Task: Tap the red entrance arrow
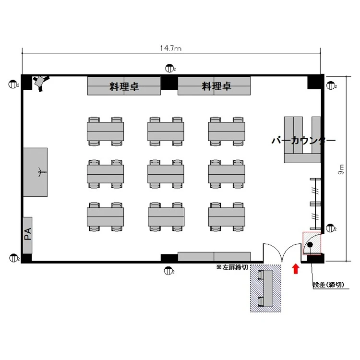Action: (x=296, y=268)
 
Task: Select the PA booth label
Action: (x=27, y=235)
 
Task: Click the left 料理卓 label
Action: (x=124, y=86)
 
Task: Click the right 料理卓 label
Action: (x=216, y=86)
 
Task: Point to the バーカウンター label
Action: (x=303, y=141)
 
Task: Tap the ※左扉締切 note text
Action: (x=232, y=267)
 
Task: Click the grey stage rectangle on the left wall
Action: (x=36, y=172)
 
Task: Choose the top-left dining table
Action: (x=105, y=131)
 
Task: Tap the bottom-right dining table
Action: (x=227, y=216)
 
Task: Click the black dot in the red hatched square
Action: (x=310, y=245)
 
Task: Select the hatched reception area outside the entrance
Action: (x=265, y=288)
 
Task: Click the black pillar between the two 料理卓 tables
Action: (x=169, y=83)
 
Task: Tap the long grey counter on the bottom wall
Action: (x=214, y=256)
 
